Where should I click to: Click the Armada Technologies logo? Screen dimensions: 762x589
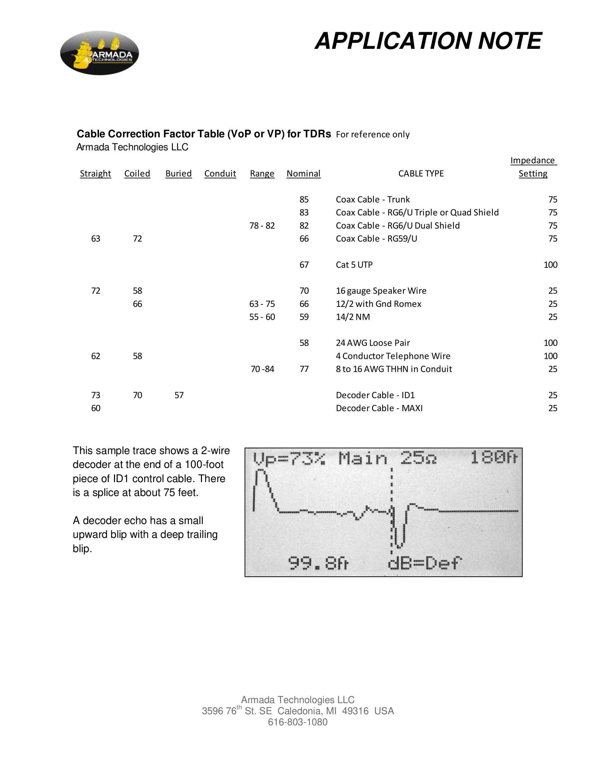point(99,53)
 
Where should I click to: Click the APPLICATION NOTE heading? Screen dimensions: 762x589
point(428,41)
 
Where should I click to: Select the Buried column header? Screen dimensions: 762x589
point(178,174)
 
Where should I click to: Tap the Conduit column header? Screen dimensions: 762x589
point(220,174)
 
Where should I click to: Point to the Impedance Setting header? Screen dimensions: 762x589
point(533,167)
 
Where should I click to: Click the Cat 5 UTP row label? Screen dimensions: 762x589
point(354,265)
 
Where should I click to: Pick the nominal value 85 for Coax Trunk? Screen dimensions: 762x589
point(304,200)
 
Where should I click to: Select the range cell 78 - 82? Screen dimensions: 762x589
point(262,226)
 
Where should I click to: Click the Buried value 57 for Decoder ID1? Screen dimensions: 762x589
point(179,395)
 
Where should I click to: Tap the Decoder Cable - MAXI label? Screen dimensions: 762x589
point(379,408)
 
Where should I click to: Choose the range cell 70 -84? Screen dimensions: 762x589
point(262,369)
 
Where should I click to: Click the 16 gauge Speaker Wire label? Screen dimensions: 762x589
point(381,291)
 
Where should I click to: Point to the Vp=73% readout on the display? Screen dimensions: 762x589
point(289,459)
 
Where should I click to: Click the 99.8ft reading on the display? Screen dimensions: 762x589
point(318,563)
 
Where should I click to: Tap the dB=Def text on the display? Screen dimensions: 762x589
point(424,563)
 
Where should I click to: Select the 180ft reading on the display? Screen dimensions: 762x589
point(494,458)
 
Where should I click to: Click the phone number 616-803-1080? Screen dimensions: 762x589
point(298,722)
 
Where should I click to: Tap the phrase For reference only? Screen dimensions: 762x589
point(373,134)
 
